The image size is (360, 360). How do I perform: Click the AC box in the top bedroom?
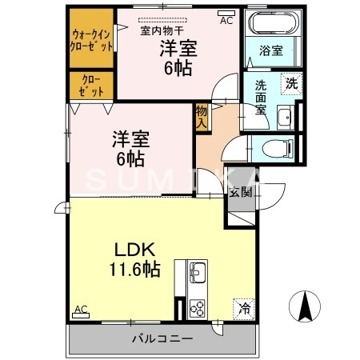226,20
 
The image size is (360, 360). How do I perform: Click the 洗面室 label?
262,98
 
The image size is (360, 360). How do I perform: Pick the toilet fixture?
273,148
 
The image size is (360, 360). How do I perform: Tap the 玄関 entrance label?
240,192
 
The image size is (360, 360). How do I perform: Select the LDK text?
131,249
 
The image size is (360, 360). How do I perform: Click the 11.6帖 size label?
133,270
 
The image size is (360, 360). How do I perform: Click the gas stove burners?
198,306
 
